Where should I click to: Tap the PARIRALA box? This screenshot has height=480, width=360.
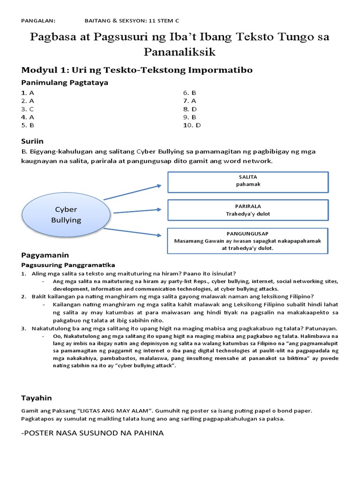click(248, 210)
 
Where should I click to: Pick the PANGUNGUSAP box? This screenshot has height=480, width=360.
click(248, 240)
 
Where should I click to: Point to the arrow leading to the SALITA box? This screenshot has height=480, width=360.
click(132, 193)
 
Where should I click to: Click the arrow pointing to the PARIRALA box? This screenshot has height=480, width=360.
click(137, 211)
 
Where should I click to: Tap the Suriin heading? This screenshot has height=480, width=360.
click(32, 141)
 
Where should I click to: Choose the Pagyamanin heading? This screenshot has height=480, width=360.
click(45, 255)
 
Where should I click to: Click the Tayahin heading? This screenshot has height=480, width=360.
click(37, 398)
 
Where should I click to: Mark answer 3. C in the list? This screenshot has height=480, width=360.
click(28, 109)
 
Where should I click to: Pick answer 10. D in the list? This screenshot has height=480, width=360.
click(191, 125)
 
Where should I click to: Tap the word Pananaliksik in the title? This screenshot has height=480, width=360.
click(180, 52)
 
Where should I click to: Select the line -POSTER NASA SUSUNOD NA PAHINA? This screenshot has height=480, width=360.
click(92, 433)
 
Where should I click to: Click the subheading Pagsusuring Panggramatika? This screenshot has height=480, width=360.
click(68, 265)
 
